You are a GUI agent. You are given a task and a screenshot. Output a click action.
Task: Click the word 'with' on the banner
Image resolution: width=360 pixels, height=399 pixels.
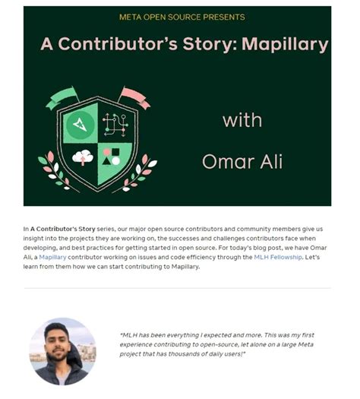coord(242,120)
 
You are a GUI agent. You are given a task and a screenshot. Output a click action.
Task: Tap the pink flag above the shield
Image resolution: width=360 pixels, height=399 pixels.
coord(134,96)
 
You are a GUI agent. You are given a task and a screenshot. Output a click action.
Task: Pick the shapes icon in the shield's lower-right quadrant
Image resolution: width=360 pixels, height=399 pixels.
coord(112,156)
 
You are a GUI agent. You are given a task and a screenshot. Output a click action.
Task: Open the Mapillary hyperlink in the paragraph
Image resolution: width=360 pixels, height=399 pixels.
coord(53,258)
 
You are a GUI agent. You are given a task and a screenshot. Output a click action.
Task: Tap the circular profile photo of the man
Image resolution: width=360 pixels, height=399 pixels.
coord(62,350)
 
